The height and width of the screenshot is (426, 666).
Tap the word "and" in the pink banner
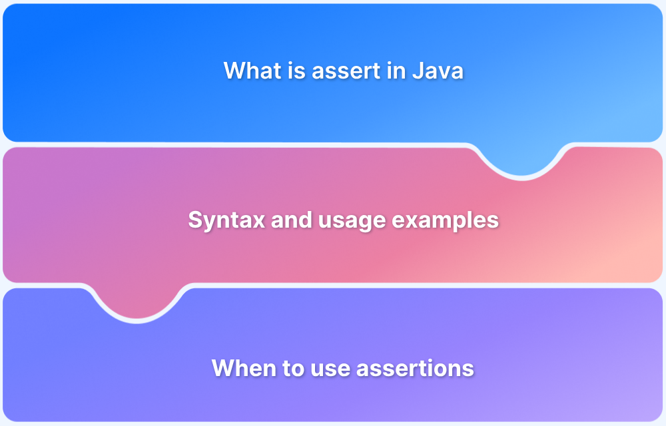click(287, 220)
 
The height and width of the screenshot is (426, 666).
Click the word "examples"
click(440, 220)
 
